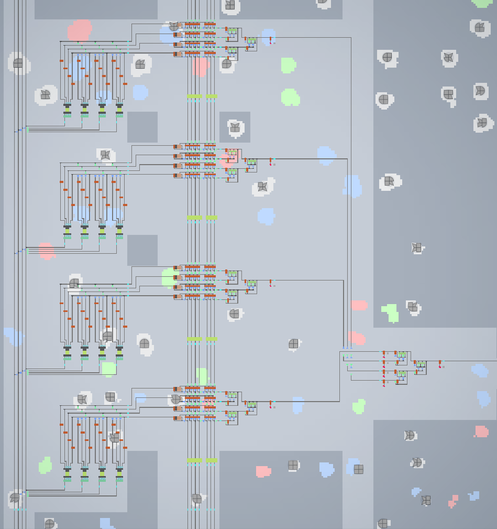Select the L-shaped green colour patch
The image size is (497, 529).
pos(391,312)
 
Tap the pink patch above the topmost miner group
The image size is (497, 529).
pos(80,31)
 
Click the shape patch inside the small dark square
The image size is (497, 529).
pos(235,127)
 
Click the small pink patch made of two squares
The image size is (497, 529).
pos(453,501)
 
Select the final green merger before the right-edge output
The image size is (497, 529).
pos(421,363)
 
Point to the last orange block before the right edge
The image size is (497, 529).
pos(440,362)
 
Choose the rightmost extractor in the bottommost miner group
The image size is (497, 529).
pos(119,474)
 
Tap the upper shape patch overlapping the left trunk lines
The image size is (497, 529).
pos(18,63)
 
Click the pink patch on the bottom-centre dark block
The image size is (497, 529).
pos(263,471)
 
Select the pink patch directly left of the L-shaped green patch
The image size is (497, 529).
pos(359,305)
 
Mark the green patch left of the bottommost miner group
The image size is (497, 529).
pos(46,465)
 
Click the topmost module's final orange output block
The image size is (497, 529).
pos(270,39)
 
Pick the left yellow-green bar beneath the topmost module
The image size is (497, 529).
pos(194,96)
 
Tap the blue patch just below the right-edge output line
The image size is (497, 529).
pos(479,370)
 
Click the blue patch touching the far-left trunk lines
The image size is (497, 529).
pos(14,336)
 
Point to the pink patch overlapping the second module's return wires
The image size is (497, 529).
pos(47,251)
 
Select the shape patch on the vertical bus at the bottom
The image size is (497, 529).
pos(196,499)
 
